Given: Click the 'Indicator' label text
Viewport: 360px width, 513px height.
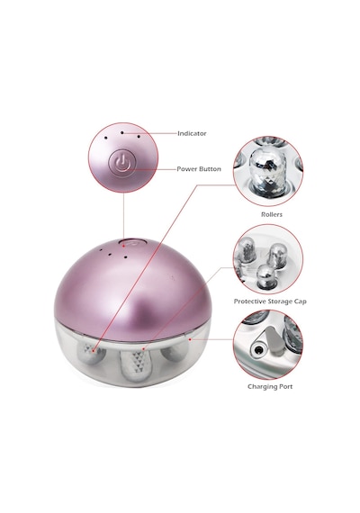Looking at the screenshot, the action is click(x=192, y=133).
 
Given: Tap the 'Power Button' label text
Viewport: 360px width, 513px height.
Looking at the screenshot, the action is click(x=199, y=169).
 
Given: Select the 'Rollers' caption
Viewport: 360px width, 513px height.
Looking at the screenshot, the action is click(x=272, y=214).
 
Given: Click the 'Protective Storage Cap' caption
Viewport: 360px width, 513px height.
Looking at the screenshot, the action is click(x=270, y=301).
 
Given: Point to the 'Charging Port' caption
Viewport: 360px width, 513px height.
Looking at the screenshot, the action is click(x=270, y=387).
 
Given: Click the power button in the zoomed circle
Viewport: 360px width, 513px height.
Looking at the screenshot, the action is click(x=122, y=161).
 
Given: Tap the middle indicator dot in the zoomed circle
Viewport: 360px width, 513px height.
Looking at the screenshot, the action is click(x=121, y=133).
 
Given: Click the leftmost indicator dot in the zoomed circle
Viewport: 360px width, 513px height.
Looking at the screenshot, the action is click(x=105, y=138).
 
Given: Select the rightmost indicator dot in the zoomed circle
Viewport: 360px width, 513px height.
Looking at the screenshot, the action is click(x=139, y=137).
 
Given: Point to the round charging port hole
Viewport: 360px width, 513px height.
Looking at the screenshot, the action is click(x=258, y=350).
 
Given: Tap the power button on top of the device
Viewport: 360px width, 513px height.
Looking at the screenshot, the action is click(x=131, y=243).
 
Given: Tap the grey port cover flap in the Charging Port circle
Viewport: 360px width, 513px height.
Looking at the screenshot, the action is click(x=274, y=340).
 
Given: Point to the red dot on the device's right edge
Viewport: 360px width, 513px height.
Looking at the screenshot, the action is click(x=190, y=339).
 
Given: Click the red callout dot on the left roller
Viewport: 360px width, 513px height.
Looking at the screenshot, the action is click(x=93, y=351).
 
